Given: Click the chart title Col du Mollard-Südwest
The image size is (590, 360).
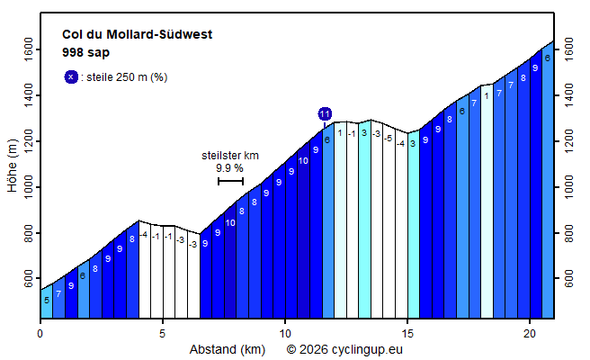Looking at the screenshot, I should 137,35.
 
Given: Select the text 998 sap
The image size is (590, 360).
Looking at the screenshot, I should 85,52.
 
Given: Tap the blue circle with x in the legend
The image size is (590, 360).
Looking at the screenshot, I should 71,76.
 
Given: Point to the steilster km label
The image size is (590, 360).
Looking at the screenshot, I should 229,155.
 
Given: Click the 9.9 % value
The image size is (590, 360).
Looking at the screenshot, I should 229,167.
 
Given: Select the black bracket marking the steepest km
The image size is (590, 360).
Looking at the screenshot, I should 230,182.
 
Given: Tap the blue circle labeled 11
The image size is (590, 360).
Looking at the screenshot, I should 325,113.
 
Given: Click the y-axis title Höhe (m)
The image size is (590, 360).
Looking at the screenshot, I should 12,166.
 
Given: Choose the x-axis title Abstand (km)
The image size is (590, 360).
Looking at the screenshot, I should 228,348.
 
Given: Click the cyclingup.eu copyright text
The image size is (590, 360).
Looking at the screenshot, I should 344,348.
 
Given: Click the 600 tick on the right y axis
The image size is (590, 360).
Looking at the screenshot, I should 568,280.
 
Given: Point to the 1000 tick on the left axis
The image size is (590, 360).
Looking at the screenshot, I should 29,187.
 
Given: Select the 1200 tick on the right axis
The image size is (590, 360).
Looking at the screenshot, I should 568,141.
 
